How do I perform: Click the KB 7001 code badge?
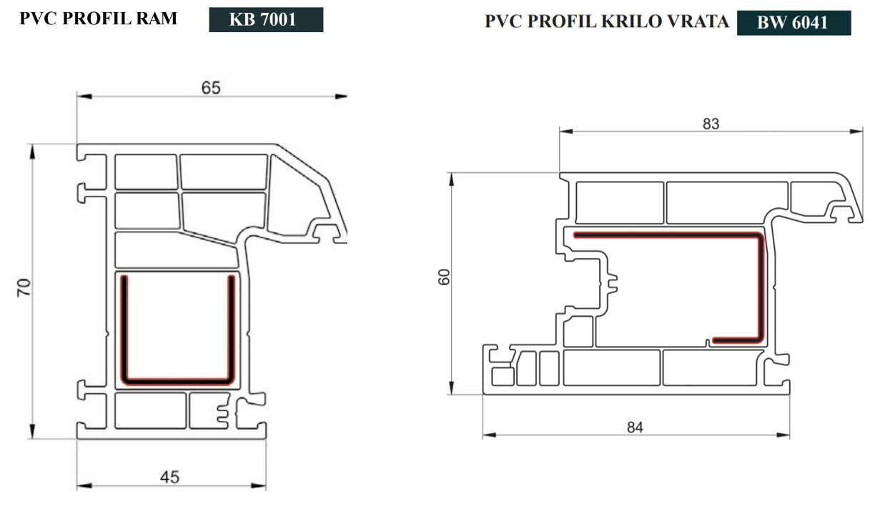pyautogui.click(x=266, y=19)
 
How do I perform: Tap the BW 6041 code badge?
pyautogui.click(x=793, y=23)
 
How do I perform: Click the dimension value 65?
pyautogui.click(x=211, y=88)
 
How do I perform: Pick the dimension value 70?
pyautogui.click(x=24, y=287)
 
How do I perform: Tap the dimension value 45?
pyautogui.click(x=169, y=477)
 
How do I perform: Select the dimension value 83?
pyautogui.click(x=711, y=124)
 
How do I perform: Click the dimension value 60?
pyautogui.click(x=444, y=277)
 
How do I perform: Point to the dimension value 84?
pyautogui.click(x=635, y=428)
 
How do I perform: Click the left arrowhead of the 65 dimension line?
pyautogui.click(x=84, y=97)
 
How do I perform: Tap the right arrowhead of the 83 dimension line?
pyautogui.click(x=856, y=131)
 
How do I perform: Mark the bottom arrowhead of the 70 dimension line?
pyautogui.click(x=32, y=432)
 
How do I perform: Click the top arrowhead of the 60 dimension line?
pyautogui.click(x=451, y=179)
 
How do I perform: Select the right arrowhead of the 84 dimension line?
pyautogui.click(x=783, y=435)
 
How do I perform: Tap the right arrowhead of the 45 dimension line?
pyautogui.click(x=259, y=485)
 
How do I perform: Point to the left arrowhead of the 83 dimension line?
pyautogui.click(x=566, y=131)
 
